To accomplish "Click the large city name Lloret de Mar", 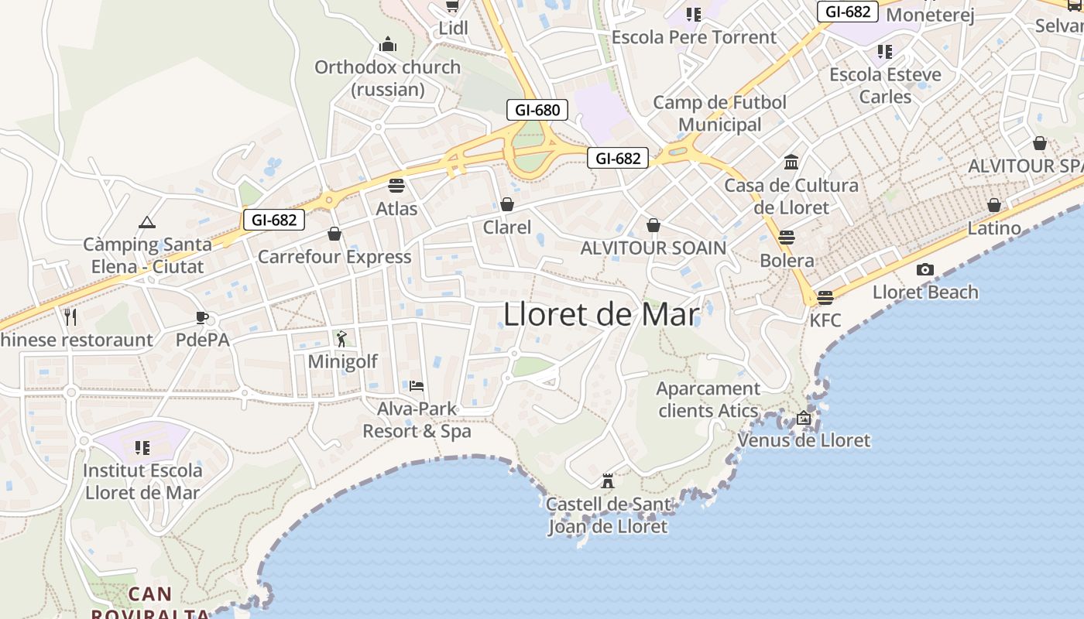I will pyautogui.click(x=602, y=315).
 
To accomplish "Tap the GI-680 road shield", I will pyautogui.click(x=537, y=110).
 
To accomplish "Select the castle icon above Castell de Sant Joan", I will pyautogui.click(x=608, y=480).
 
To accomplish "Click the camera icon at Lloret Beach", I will pyautogui.click(x=924, y=269).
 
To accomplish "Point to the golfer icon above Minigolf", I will pyautogui.click(x=341, y=338).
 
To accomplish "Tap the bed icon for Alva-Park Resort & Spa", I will pyautogui.click(x=417, y=385).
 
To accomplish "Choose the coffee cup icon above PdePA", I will pyautogui.click(x=202, y=317).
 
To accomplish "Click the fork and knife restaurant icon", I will pyautogui.click(x=70, y=316).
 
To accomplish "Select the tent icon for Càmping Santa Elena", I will pyautogui.click(x=147, y=222).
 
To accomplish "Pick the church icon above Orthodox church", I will pyautogui.click(x=388, y=44).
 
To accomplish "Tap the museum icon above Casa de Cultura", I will pyautogui.click(x=791, y=162).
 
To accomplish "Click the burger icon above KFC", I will pyautogui.click(x=825, y=298).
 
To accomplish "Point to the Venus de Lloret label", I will pyautogui.click(x=804, y=440).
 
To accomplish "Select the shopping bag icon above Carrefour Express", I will pyautogui.click(x=334, y=234).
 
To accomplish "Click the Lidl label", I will pyautogui.click(x=454, y=28).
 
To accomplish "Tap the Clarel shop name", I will pyautogui.click(x=507, y=227).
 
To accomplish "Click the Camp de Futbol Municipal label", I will pyautogui.click(x=720, y=113).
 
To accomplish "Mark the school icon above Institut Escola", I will pyautogui.click(x=142, y=447).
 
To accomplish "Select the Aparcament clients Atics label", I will pyautogui.click(x=708, y=399).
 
